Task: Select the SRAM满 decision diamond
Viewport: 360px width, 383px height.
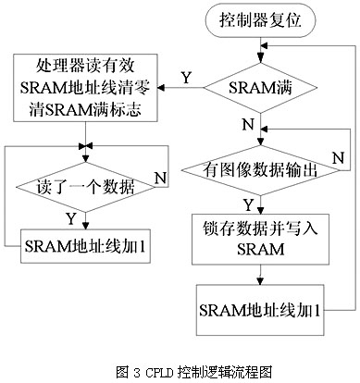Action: point(260,89)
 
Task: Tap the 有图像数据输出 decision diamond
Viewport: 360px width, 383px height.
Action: point(260,168)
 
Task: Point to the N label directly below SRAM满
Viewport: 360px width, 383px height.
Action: point(247,124)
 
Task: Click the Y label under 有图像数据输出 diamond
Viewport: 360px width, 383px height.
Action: point(247,203)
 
